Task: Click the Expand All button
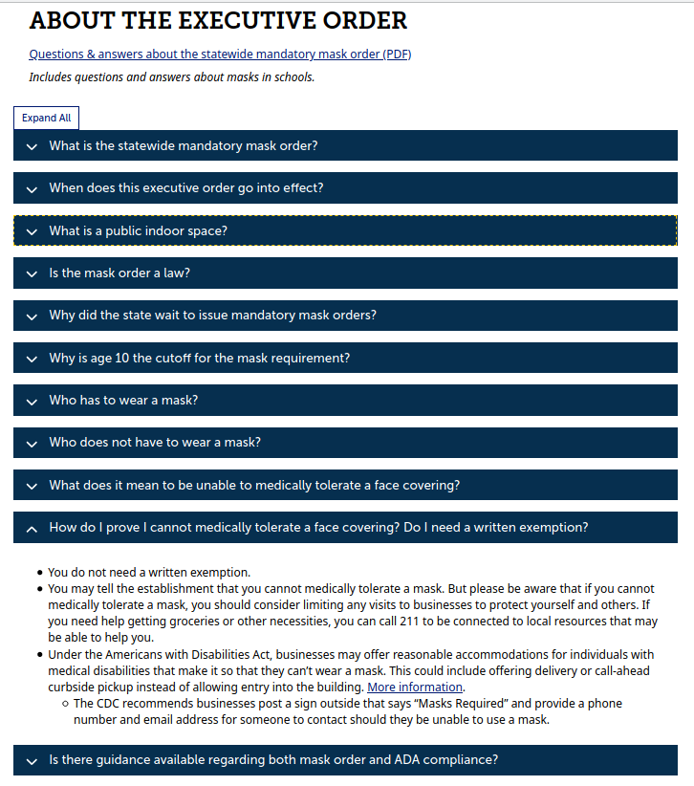coord(46,118)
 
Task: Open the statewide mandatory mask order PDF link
coord(220,54)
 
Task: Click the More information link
coord(415,688)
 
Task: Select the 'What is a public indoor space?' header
coord(139,230)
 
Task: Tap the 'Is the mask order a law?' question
coord(119,273)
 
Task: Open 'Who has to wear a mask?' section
coord(123,401)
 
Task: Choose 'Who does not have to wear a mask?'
coord(155,443)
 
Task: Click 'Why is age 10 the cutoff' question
coord(200,359)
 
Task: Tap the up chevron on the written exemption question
coord(32,528)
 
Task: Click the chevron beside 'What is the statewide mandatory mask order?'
coord(32,146)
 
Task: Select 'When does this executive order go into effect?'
coord(186,188)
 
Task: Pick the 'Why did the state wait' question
coord(213,316)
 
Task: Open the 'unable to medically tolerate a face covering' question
coord(254,486)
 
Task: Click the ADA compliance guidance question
coord(273,760)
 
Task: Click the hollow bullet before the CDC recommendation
coord(64,704)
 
